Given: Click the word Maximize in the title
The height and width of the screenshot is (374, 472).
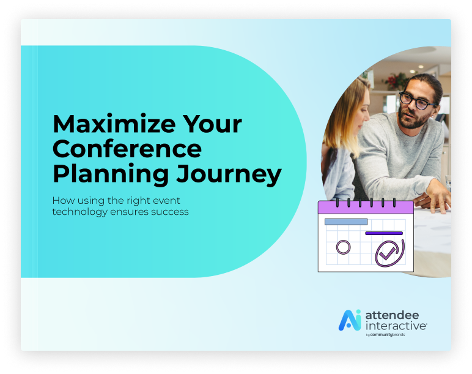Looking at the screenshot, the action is point(114,124).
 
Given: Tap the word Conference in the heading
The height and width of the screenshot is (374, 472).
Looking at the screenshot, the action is point(127,149).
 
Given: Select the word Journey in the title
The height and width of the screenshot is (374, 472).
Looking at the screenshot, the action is point(229,175).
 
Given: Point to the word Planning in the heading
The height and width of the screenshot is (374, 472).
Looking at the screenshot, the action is point(111,175).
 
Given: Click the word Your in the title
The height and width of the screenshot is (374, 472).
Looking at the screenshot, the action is point(212,124).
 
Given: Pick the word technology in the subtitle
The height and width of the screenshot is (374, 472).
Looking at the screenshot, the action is point(79,212).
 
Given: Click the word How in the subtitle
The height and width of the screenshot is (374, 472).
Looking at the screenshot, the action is point(64,200).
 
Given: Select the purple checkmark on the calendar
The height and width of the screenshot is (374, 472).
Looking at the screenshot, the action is point(388,253).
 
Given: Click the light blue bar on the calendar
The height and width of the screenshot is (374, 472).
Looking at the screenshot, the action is point(346,222).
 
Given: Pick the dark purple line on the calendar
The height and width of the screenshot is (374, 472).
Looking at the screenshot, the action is point(384,233).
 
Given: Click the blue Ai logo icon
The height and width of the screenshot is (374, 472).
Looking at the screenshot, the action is point(350,320).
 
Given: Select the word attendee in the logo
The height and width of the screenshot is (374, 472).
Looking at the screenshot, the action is point(392,315).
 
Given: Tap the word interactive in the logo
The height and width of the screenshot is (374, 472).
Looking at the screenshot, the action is point(396,326).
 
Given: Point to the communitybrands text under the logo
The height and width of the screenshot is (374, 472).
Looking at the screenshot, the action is point(388,335).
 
